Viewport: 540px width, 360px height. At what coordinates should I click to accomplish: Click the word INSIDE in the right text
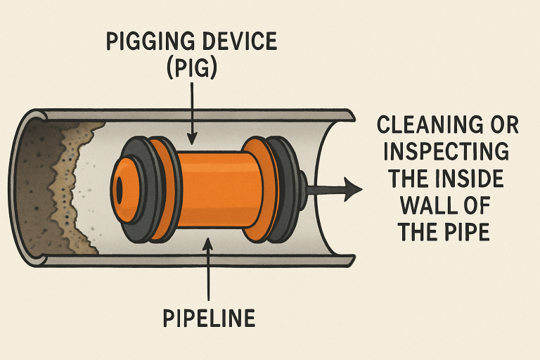pyautogui.click(x=472, y=179)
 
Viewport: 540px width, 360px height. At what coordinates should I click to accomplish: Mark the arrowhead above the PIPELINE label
pyautogui.click(x=209, y=244)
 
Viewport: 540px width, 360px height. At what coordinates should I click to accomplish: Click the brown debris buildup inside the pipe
pyautogui.click(x=67, y=186)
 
